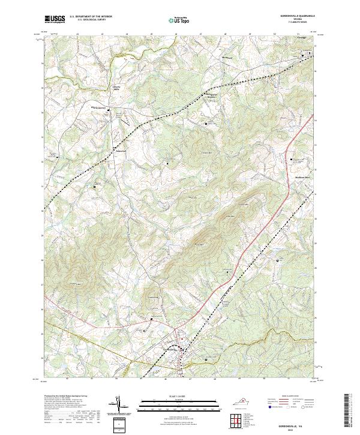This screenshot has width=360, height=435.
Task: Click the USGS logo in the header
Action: click(x=55, y=19)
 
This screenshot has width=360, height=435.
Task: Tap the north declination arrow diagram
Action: click(x=119, y=406)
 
